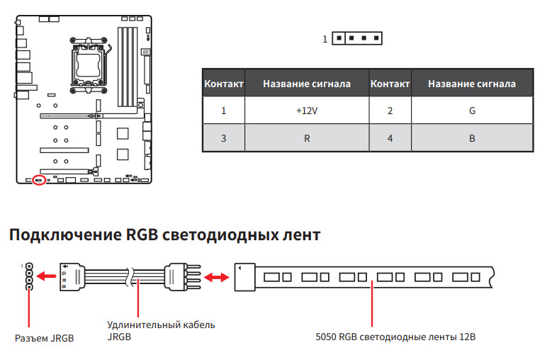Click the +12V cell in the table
point(307,111)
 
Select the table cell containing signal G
point(472,111)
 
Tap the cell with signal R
point(307,138)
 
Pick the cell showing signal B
point(472,138)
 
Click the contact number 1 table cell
point(223,111)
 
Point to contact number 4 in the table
point(390,138)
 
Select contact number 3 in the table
point(223,138)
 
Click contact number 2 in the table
point(390,111)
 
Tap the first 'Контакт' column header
point(224,84)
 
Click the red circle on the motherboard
point(40,180)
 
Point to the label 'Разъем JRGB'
point(44,338)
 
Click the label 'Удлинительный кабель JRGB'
point(161,330)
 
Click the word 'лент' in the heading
point(303,235)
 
